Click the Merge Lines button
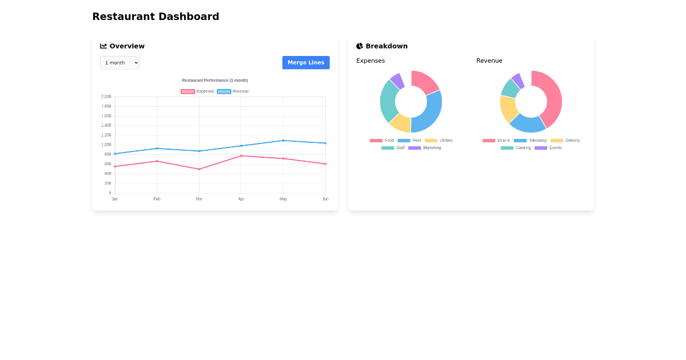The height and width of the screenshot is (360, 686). [306, 63]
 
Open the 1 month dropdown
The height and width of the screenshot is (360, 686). [119, 63]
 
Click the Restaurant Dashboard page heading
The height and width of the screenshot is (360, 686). [155, 17]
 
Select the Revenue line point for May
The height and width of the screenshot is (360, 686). [283, 141]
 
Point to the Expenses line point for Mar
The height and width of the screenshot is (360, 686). [199, 169]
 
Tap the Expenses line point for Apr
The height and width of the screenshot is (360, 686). [241, 155]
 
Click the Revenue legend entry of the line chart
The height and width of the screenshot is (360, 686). [233, 91]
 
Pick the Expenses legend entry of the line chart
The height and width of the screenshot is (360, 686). [198, 91]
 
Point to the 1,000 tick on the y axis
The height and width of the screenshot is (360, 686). [106, 145]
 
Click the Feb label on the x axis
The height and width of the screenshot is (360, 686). [157, 199]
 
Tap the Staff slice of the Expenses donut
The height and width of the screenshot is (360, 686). [388, 100]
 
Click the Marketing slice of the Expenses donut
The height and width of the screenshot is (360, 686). [397, 81]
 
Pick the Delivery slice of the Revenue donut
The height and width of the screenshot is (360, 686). [508, 109]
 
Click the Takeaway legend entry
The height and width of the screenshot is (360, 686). [530, 141]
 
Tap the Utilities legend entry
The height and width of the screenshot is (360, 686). [438, 141]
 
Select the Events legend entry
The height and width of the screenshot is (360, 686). [548, 148]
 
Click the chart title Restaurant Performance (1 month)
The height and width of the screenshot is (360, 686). [215, 81]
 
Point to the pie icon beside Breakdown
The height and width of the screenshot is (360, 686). [360, 46]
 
